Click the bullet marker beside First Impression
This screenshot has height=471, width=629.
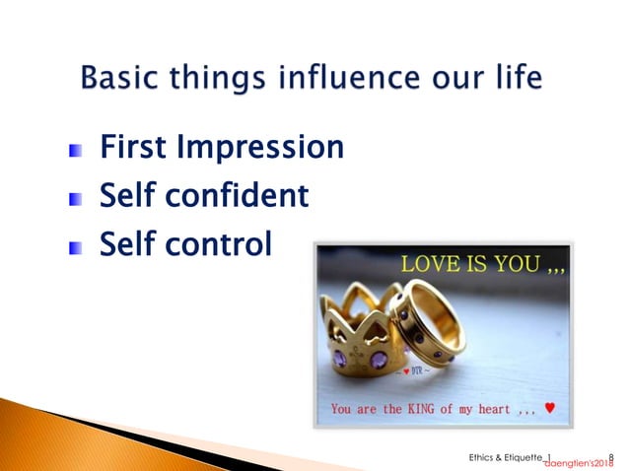(76, 152)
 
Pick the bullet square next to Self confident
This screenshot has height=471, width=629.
(76, 198)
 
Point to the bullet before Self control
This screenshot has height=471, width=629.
(76, 245)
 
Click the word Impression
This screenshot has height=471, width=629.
(260, 151)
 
